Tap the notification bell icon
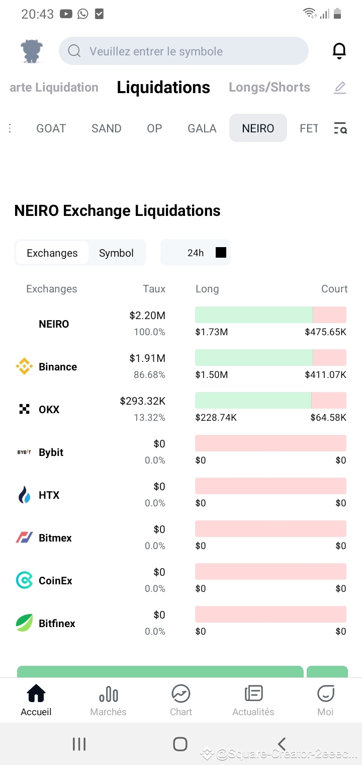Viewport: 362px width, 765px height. coord(339,51)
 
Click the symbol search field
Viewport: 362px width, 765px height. coord(184,51)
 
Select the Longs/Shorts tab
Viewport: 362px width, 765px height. coord(269,87)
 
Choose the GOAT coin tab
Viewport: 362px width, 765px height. coord(51,128)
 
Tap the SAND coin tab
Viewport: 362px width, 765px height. coord(106,128)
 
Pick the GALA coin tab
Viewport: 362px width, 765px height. coord(202,128)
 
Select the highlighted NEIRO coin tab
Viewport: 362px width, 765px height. coord(258,128)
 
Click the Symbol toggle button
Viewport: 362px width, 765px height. coord(116,253)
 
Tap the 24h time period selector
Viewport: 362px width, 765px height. coord(196,253)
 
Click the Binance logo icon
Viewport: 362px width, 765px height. coord(24,366)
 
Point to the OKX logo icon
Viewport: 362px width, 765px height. coord(24,409)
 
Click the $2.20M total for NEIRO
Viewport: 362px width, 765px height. coord(147,316)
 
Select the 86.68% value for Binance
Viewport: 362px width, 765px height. coord(149,375)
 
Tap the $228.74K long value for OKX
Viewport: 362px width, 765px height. coord(216,417)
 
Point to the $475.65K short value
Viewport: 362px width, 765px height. coord(325,332)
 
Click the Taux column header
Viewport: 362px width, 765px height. coord(154,289)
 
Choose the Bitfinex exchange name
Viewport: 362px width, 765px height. coord(57,623)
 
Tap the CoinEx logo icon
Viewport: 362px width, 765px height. coord(24,580)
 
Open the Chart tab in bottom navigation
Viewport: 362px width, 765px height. coord(180,700)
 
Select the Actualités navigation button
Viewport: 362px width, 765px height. coord(253,700)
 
